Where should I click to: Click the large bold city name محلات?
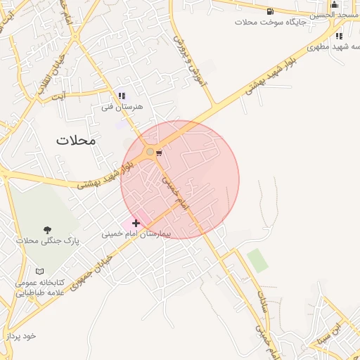(75, 140)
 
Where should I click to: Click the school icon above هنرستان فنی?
(122, 96)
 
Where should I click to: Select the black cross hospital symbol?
(136, 223)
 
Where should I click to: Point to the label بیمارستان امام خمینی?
(140, 233)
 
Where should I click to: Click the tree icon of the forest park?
(48, 230)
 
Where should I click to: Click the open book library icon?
(40, 271)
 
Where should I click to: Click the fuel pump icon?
(270, 11)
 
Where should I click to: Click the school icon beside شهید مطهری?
(339, 36)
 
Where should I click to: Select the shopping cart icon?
(160, 153)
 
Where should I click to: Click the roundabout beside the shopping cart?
(150, 152)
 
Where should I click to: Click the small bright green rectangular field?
(257, 260)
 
